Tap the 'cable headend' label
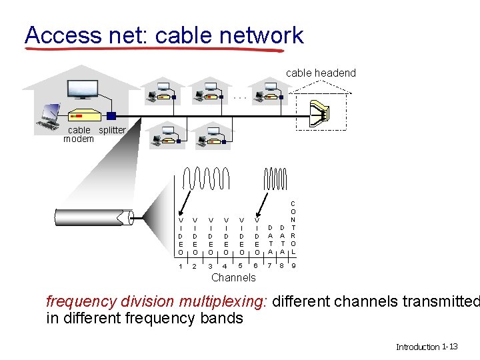[x=321, y=73]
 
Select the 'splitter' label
[x=112, y=130]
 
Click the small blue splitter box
[x=111, y=115]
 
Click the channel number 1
[x=180, y=267]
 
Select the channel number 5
[x=241, y=267]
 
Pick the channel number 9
[x=294, y=267]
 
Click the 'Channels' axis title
[x=233, y=277]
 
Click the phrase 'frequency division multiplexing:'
[x=157, y=301]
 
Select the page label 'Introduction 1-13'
[x=427, y=347]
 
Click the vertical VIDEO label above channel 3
[x=211, y=235]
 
